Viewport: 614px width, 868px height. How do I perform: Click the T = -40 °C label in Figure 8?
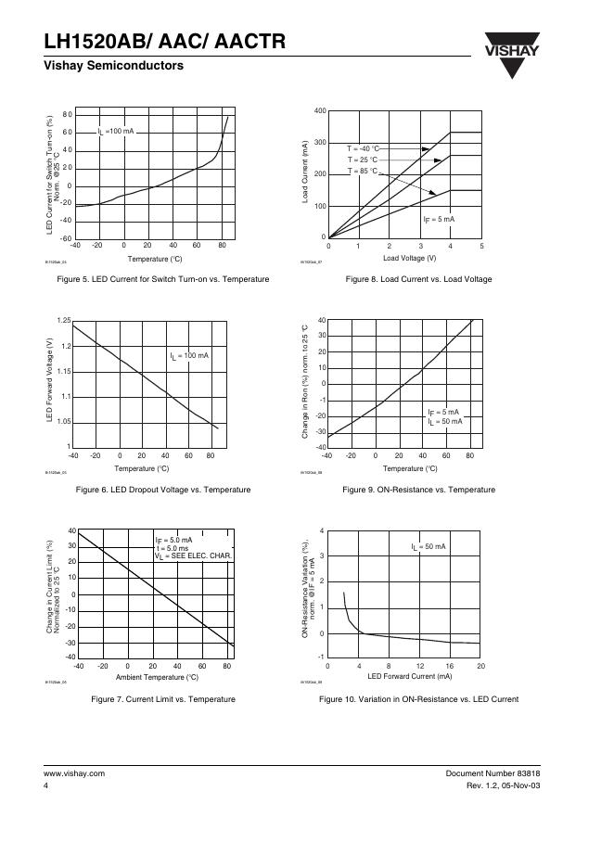pos(364,148)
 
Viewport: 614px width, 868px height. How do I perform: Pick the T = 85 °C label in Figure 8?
pos(364,172)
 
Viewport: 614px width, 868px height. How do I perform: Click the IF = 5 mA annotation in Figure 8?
pos(439,219)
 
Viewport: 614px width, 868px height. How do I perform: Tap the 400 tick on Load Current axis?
pos(319,111)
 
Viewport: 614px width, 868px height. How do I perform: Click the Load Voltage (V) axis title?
pos(408,258)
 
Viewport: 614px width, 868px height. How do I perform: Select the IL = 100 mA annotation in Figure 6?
pos(189,356)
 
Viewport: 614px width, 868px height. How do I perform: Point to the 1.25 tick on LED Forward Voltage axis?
pos(63,320)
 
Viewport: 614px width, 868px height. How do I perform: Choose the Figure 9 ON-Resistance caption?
pos(418,489)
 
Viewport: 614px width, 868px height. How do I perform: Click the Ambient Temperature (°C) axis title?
pos(157,678)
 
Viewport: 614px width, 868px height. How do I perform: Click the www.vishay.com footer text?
pos(74,772)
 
